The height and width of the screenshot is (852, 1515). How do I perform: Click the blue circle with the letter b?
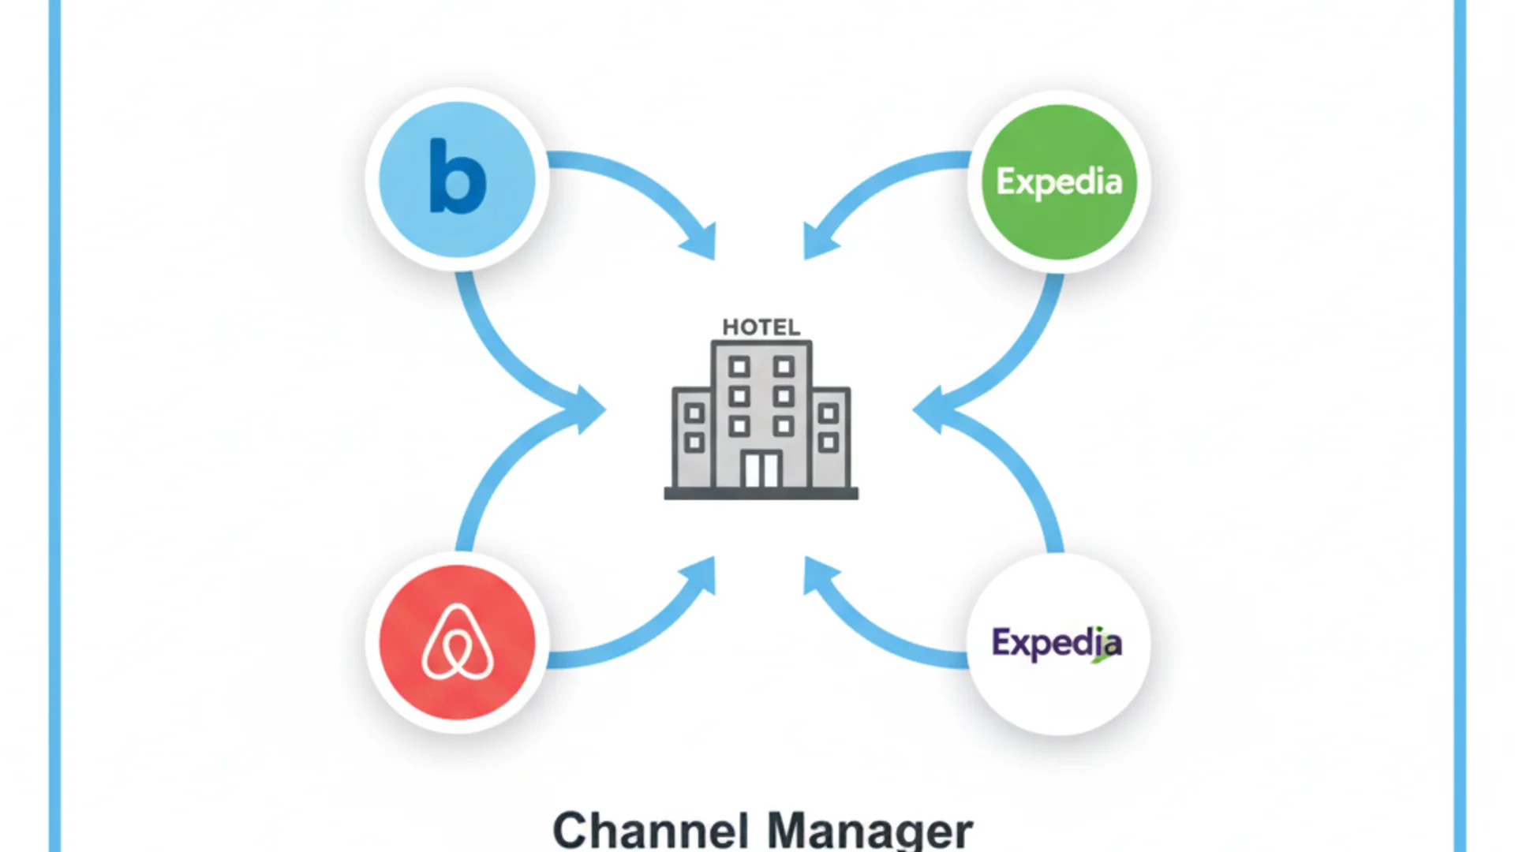click(457, 180)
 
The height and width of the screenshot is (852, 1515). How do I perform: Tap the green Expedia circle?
click(1059, 181)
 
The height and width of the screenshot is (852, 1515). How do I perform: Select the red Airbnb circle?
click(457, 642)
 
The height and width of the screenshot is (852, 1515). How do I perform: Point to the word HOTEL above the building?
click(761, 327)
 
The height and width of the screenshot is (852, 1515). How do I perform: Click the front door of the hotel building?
click(761, 470)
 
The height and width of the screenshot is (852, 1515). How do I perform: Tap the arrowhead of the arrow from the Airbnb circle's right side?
click(701, 574)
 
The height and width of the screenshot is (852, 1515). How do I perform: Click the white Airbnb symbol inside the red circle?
click(458, 643)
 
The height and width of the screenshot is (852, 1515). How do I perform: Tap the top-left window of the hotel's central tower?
click(739, 367)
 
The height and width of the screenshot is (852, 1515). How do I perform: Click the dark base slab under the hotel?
click(761, 494)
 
